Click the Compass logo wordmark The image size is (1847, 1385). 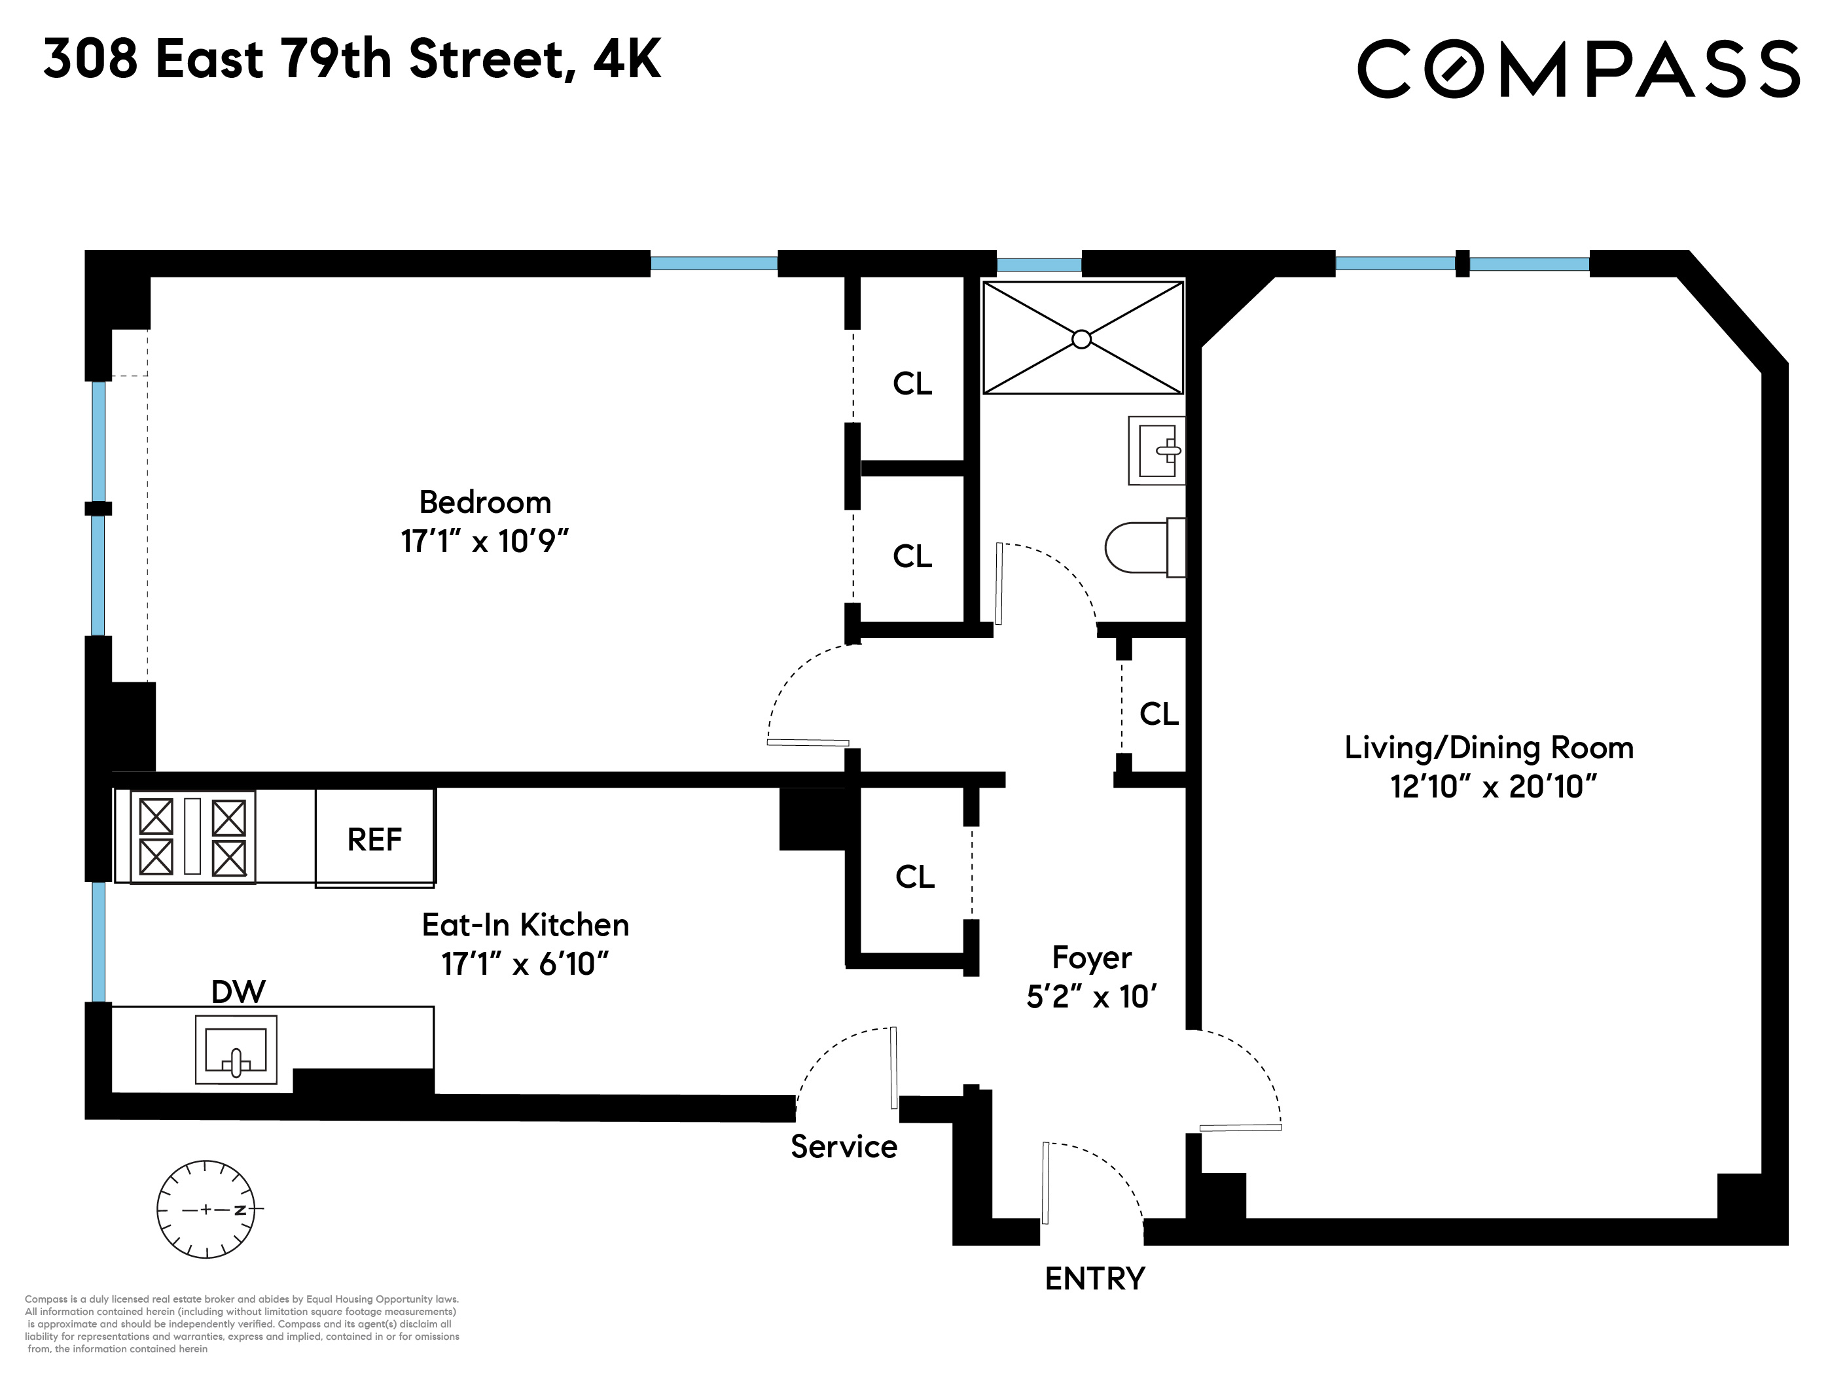click(1577, 69)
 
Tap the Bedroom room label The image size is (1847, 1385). click(485, 502)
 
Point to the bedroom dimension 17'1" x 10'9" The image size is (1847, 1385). click(484, 542)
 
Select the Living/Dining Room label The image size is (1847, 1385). click(1489, 748)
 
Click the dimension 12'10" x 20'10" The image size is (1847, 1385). click(1493, 786)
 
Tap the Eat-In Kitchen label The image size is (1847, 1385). click(525, 925)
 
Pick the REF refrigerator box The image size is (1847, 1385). click(375, 838)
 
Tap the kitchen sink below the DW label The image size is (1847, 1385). click(236, 1050)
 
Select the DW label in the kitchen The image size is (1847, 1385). click(238, 992)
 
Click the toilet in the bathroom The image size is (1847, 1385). click(1145, 548)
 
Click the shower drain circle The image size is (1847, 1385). click(1081, 339)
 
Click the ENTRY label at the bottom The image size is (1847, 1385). click(1095, 1279)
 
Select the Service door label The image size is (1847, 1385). click(844, 1147)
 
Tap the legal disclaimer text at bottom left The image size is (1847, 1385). click(242, 1324)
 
